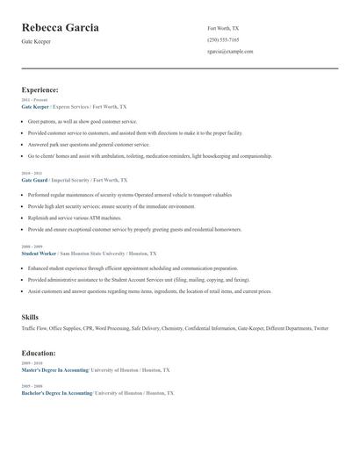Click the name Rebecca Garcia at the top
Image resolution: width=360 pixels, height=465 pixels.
[x=60, y=28]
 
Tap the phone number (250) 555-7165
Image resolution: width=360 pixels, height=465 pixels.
[x=223, y=39]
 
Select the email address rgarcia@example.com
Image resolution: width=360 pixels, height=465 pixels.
[x=230, y=52]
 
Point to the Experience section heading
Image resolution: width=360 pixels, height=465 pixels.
[x=40, y=89]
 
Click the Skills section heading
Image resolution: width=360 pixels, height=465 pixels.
[x=30, y=316]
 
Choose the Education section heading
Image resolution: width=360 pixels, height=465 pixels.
[x=39, y=353]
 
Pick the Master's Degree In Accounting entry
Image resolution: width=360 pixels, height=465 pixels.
[x=54, y=370]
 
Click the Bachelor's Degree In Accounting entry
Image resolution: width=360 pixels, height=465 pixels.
[x=56, y=393]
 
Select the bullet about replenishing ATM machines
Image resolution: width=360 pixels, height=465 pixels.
[x=74, y=216]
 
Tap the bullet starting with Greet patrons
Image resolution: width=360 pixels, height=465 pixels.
[x=83, y=121]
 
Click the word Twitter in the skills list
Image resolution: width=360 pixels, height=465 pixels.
[x=320, y=328]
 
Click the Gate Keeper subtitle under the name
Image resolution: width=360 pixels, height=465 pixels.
[x=36, y=42]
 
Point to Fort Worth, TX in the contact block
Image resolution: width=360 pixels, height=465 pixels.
[x=222, y=28]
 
